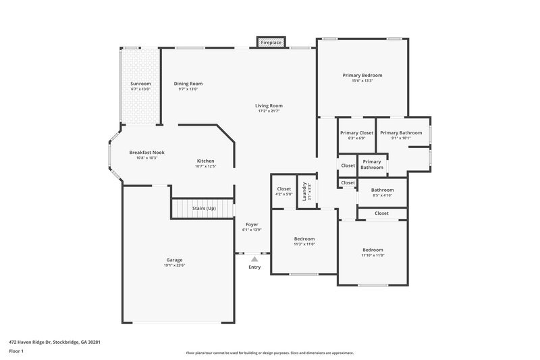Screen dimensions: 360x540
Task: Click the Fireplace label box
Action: pyautogui.click(x=271, y=43)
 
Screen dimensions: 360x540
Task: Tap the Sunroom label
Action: pyautogui.click(x=140, y=84)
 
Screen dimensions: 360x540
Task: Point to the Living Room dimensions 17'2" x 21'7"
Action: pyautogui.click(x=269, y=111)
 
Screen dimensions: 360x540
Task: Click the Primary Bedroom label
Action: pyautogui.click(x=362, y=75)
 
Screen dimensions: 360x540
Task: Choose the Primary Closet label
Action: pyautogui.click(x=356, y=133)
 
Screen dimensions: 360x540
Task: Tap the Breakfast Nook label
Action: pyautogui.click(x=146, y=153)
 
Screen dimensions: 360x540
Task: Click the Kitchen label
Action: pyautogui.click(x=205, y=161)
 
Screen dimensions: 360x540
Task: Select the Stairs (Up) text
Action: pyautogui.click(x=204, y=208)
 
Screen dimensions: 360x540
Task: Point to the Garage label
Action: pyautogui.click(x=174, y=260)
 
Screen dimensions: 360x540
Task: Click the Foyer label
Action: pyautogui.click(x=251, y=224)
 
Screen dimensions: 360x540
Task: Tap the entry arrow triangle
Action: pyautogui.click(x=254, y=258)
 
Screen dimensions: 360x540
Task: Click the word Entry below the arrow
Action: pyautogui.click(x=254, y=267)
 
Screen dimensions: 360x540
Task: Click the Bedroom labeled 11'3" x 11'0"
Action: pyautogui.click(x=304, y=239)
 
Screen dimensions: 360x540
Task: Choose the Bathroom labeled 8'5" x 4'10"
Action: pyautogui.click(x=382, y=190)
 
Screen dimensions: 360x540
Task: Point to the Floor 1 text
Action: pyautogui.click(x=17, y=352)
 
